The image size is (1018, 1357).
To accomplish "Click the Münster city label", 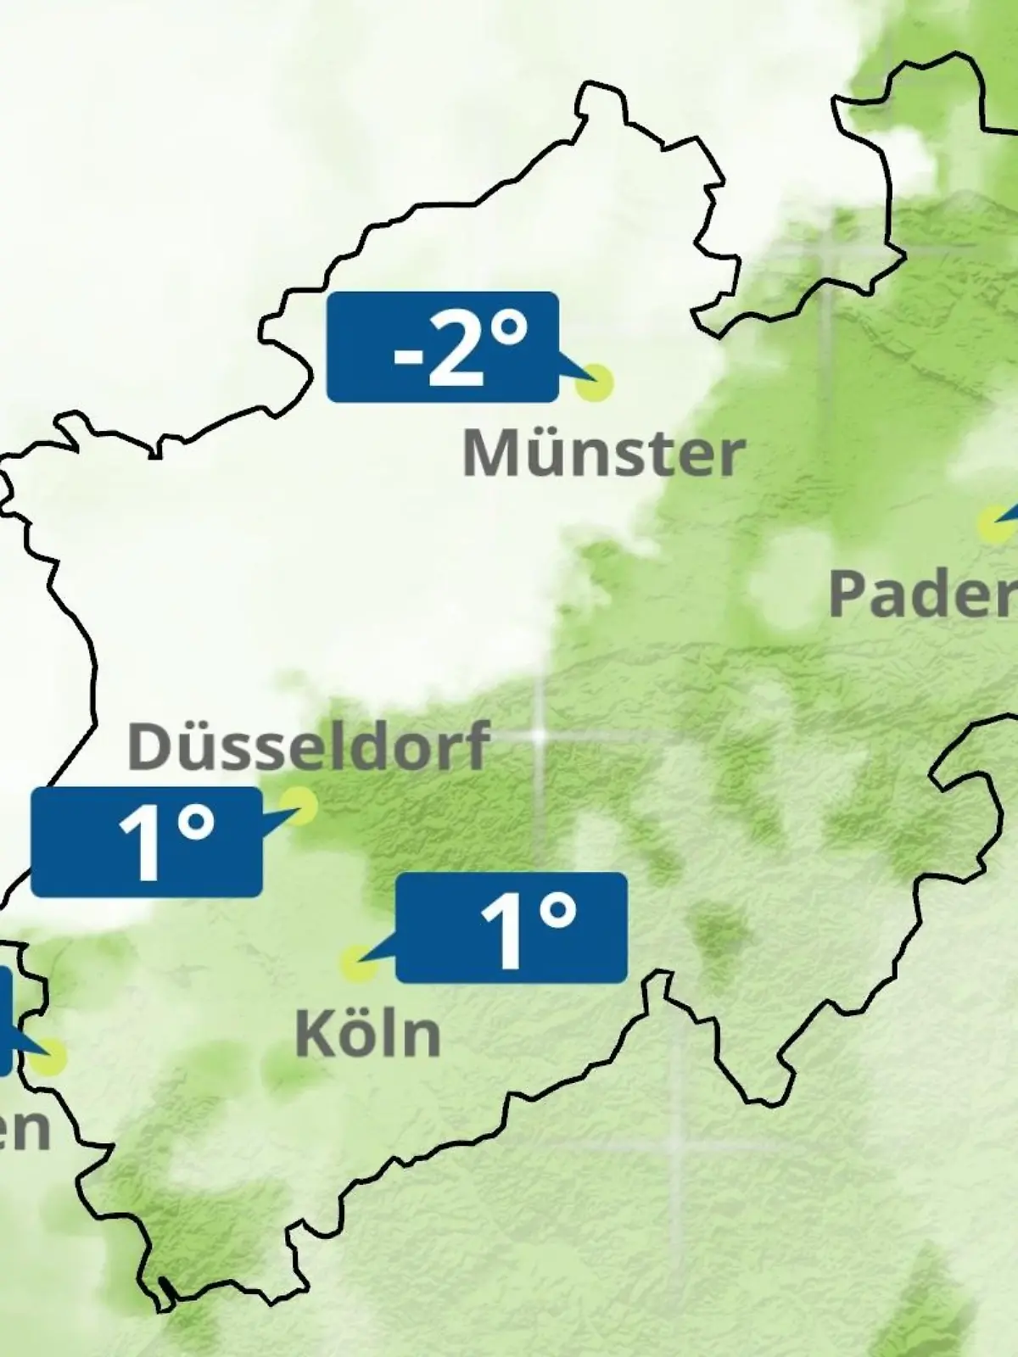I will (x=603, y=454).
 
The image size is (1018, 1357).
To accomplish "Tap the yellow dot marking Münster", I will (x=594, y=383).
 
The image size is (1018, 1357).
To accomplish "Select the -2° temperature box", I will (x=443, y=346).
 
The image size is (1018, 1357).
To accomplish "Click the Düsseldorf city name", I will (x=309, y=746).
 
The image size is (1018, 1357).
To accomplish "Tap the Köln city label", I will (x=368, y=1034).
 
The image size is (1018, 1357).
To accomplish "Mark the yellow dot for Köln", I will (x=357, y=964).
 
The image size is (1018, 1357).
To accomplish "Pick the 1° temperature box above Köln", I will (x=512, y=927).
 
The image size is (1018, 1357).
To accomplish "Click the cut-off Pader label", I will (x=922, y=594).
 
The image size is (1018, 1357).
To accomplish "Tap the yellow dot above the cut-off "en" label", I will (x=48, y=1057).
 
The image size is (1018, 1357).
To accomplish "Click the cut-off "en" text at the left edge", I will (x=24, y=1129).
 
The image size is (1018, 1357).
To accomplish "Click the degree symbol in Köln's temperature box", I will (x=558, y=912).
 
